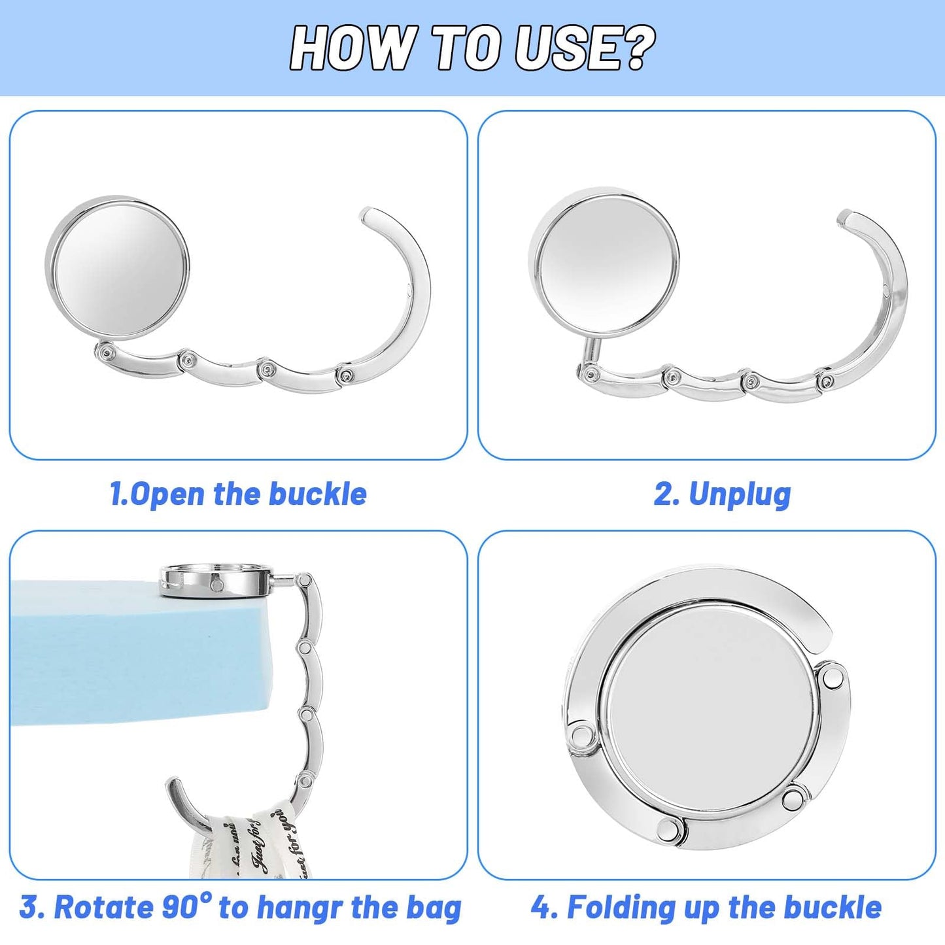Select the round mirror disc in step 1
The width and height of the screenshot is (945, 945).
(118, 269)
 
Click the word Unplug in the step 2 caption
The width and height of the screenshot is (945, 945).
(740, 495)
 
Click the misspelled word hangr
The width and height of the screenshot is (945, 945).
(299, 910)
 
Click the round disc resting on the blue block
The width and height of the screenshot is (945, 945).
(218, 582)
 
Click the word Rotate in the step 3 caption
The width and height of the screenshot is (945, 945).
(97, 908)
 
